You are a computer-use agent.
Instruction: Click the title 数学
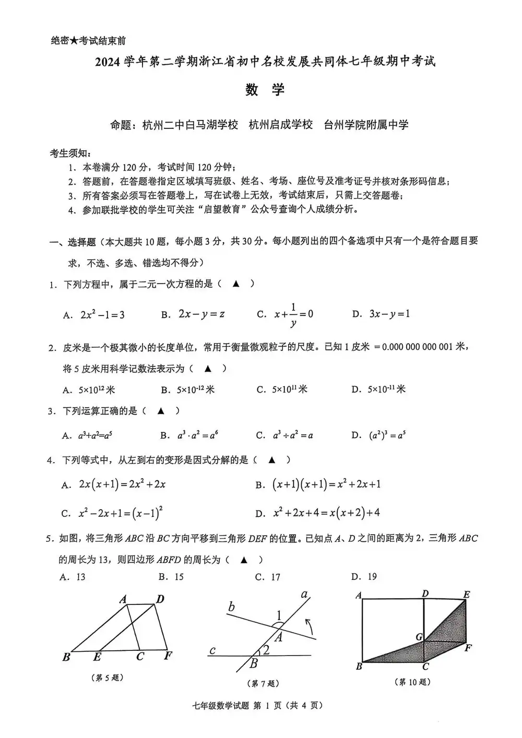pyautogui.click(x=265, y=90)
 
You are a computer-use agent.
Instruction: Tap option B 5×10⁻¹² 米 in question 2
pyautogui.click(x=188, y=390)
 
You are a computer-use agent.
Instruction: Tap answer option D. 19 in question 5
pyautogui.click(x=364, y=577)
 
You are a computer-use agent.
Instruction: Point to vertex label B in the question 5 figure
pyautogui.click(x=66, y=657)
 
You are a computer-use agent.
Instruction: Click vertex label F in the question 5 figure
pyautogui.click(x=168, y=656)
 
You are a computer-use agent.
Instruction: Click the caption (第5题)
pyautogui.click(x=108, y=677)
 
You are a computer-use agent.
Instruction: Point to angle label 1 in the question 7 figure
pyautogui.click(x=279, y=615)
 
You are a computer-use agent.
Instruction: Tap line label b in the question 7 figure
pyautogui.click(x=232, y=607)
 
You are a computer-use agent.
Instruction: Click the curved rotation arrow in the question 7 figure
pyautogui.click(x=310, y=624)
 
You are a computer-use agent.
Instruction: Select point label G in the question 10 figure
pyautogui.click(x=419, y=636)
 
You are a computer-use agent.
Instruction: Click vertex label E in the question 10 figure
pyautogui.click(x=466, y=595)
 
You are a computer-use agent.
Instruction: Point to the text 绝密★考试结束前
pyautogui.click(x=88, y=41)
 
